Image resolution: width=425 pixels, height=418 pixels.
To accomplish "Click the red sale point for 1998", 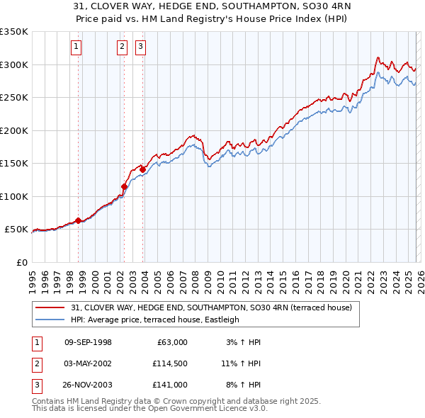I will pos(79,220).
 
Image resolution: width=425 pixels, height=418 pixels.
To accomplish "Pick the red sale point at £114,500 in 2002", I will pos(124,187).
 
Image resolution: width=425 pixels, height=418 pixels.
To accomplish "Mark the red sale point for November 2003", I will pos(143,169).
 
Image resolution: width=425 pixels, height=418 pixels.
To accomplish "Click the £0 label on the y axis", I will pos(21,262).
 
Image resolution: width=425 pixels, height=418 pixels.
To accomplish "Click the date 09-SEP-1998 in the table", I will pos(88,342).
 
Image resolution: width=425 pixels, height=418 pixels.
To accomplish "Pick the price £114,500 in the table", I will pos(169,363).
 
